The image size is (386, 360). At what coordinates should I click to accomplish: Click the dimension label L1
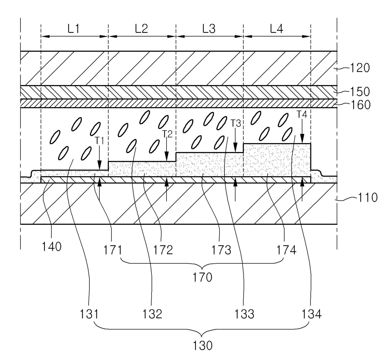point(74,29)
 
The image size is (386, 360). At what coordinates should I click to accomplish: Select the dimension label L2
point(141,29)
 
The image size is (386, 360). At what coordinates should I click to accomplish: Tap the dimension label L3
point(209,29)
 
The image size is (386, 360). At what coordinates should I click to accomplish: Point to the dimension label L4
point(277,29)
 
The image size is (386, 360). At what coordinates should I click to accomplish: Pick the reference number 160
point(360,105)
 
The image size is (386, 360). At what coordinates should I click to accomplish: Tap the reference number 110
point(367,197)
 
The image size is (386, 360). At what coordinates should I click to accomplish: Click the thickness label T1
point(99,141)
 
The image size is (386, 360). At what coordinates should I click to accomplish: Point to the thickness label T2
point(167,134)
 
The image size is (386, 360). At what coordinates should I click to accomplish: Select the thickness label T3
point(236,123)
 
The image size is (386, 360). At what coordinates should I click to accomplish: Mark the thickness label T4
point(302,115)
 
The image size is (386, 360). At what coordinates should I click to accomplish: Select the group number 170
point(203,277)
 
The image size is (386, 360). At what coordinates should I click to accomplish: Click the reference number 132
point(153,314)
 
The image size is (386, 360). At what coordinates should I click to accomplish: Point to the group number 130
point(203,345)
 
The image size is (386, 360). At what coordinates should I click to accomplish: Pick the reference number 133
point(244,314)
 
